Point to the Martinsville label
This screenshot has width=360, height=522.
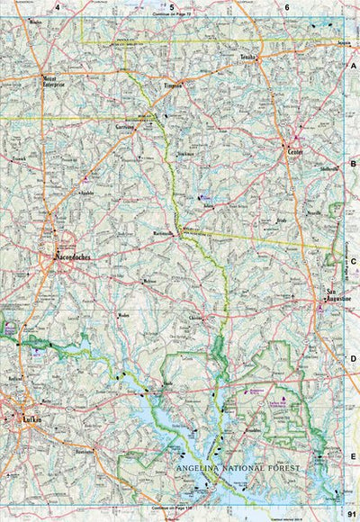163,232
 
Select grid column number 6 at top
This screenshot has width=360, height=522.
287,7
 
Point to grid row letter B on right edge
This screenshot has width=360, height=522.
353,164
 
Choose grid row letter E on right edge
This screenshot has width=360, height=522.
353,456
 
